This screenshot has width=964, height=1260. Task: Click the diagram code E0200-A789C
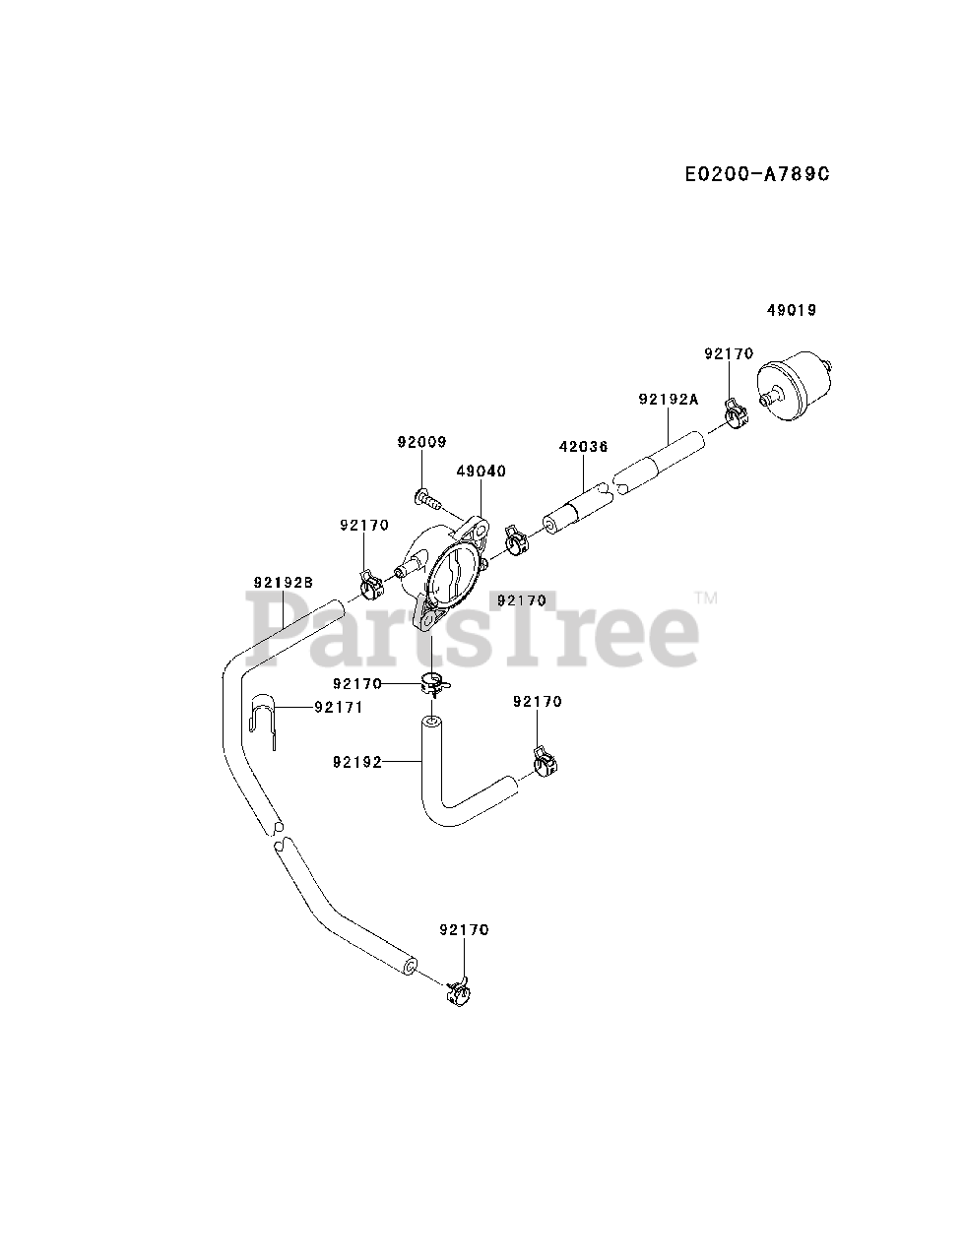(757, 174)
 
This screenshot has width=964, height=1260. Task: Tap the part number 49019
(792, 310)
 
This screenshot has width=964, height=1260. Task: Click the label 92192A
(668, 399)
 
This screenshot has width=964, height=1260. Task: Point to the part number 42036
(583, 446)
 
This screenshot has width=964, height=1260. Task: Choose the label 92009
(421, 443)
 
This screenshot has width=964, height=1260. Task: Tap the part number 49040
(481, 472)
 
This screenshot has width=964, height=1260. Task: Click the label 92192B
(283, 583)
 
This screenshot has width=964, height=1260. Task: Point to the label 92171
(339, 707)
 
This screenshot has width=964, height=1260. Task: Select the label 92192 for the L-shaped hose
(357, 761)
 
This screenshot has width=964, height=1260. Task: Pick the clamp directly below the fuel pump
(431, 682)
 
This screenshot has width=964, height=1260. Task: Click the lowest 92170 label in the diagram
(463, 930)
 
